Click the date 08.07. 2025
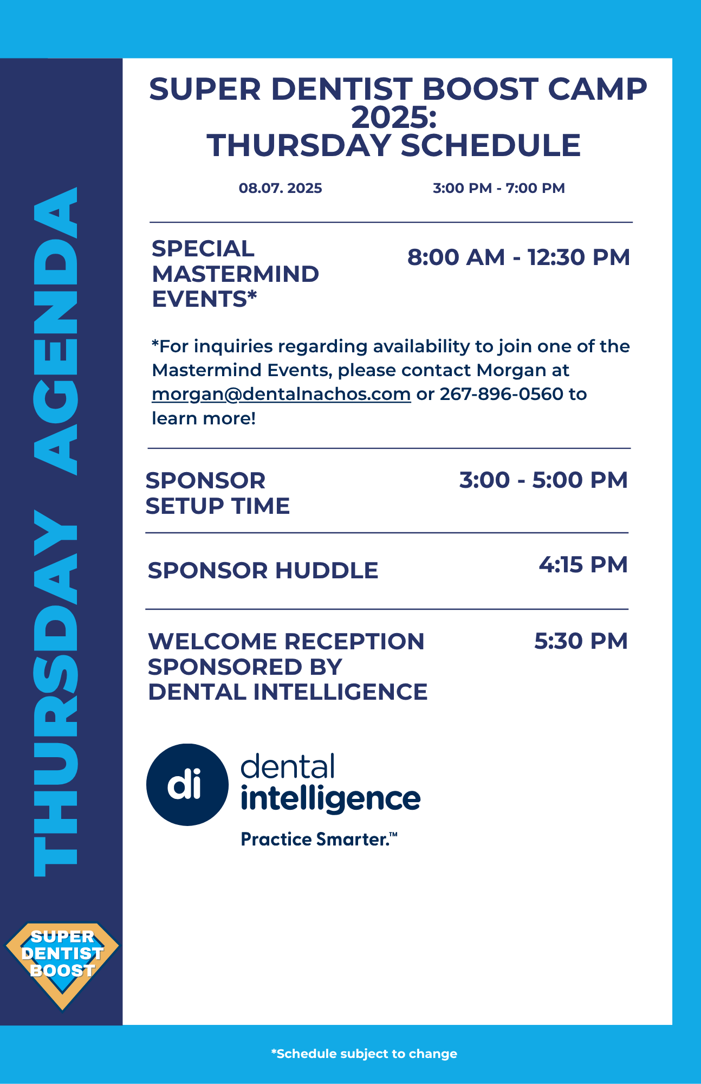tap(281, 188)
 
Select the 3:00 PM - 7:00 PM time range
tap(499, 188)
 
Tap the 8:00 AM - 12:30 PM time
tap(518, 257)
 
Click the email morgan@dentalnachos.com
tap(281, 394)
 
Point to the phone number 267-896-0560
tap(502, 394)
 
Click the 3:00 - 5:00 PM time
tap(543, 480)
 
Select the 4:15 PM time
tap(583, 565)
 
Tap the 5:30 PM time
tap(581, 641)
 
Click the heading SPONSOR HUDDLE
tap(263, 571)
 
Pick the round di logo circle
tap(187, 784)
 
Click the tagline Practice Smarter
tap(319, 840)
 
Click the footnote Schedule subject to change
tap(364, 1054)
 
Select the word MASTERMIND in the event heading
tap(236, 274)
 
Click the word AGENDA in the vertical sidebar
tap(56, 331)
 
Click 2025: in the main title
tap(394, 118)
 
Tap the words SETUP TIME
tap(218, 506)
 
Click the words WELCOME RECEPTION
tap(286, 642)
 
